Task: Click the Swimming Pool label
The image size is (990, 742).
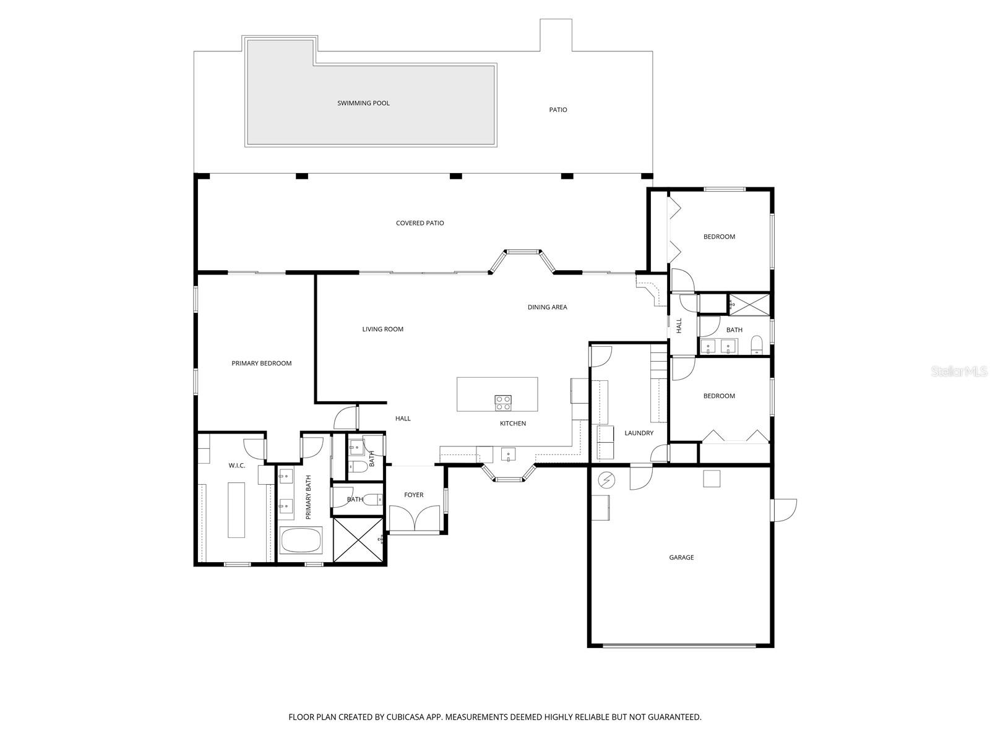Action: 363,103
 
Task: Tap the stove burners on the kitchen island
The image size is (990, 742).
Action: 503,403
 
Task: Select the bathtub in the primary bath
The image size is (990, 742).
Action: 301,541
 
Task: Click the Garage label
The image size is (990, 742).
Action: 681,558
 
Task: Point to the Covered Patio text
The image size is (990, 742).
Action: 420,223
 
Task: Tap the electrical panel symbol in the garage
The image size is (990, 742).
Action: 607,479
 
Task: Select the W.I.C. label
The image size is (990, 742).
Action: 237,466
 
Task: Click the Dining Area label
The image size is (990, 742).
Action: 547,307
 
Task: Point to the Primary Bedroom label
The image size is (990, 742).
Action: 261,364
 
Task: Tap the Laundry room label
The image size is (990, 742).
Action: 639,433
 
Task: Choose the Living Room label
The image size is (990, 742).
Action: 382,330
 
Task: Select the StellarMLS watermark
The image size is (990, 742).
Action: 960,372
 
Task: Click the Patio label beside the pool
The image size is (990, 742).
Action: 557,110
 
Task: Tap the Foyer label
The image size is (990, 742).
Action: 413,495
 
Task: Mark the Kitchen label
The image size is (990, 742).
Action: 512,424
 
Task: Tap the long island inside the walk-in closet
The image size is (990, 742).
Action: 236,510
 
